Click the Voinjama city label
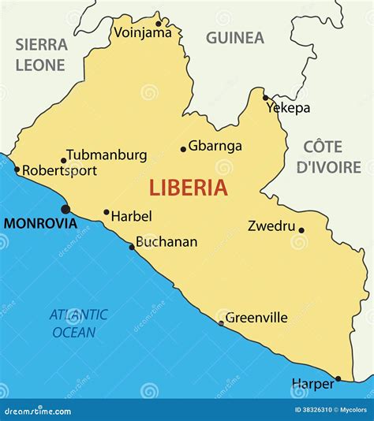point(143,32)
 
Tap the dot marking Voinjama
point(158,13)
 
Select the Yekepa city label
point(287,108)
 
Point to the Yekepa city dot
point(265,98)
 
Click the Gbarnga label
point(215,146)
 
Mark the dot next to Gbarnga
point(183,148)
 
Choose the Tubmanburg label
point(106,155)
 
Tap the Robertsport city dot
point(17,169)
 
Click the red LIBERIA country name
point(189,188)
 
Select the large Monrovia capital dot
point(65,209)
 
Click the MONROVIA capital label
point(40,223)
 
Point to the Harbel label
point(131,215)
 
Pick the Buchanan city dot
point(132,248)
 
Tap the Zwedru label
point(271,226)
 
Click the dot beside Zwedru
point(301,231)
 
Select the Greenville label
point(256,318)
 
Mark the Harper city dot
point(338,378)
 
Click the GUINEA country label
point(235,37)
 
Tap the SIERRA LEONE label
point(41,54)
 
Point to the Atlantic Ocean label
point(79,323)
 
